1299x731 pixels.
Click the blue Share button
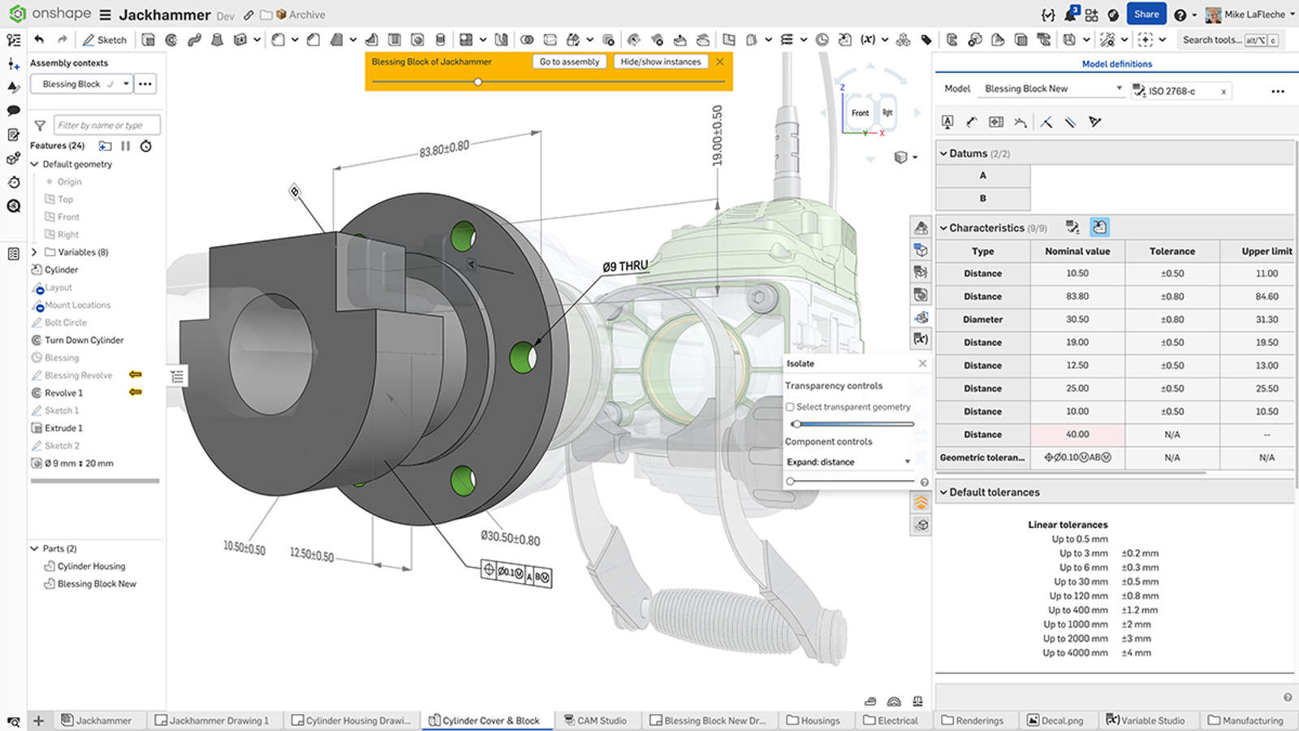(x=1146, y=14)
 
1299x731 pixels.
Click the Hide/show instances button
(x=660, y=62)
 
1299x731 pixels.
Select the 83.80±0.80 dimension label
(x=444, y=149)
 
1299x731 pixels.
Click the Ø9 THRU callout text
(x=625, y=266)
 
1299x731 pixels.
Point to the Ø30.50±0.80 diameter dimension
(x=510, y=538)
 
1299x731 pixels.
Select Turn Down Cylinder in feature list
(x=84, y=340)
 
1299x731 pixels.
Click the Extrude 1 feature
(x=63, y=428)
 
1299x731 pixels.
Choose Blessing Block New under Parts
(x=97, y=584)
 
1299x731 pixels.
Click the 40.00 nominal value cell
(x=1077, y=435)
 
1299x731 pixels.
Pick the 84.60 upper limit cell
(x=1267, y=296)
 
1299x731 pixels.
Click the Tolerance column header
(x=1172, y=252)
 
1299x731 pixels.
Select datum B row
(x=983, y=198)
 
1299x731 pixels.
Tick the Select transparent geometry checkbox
(x=790, y=407)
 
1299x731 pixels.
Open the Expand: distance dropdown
(x=848, y=462)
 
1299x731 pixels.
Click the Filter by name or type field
(x=106, y=125)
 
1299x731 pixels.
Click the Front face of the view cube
(x=860, y=114)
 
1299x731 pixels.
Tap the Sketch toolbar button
(x=105, y=40)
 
